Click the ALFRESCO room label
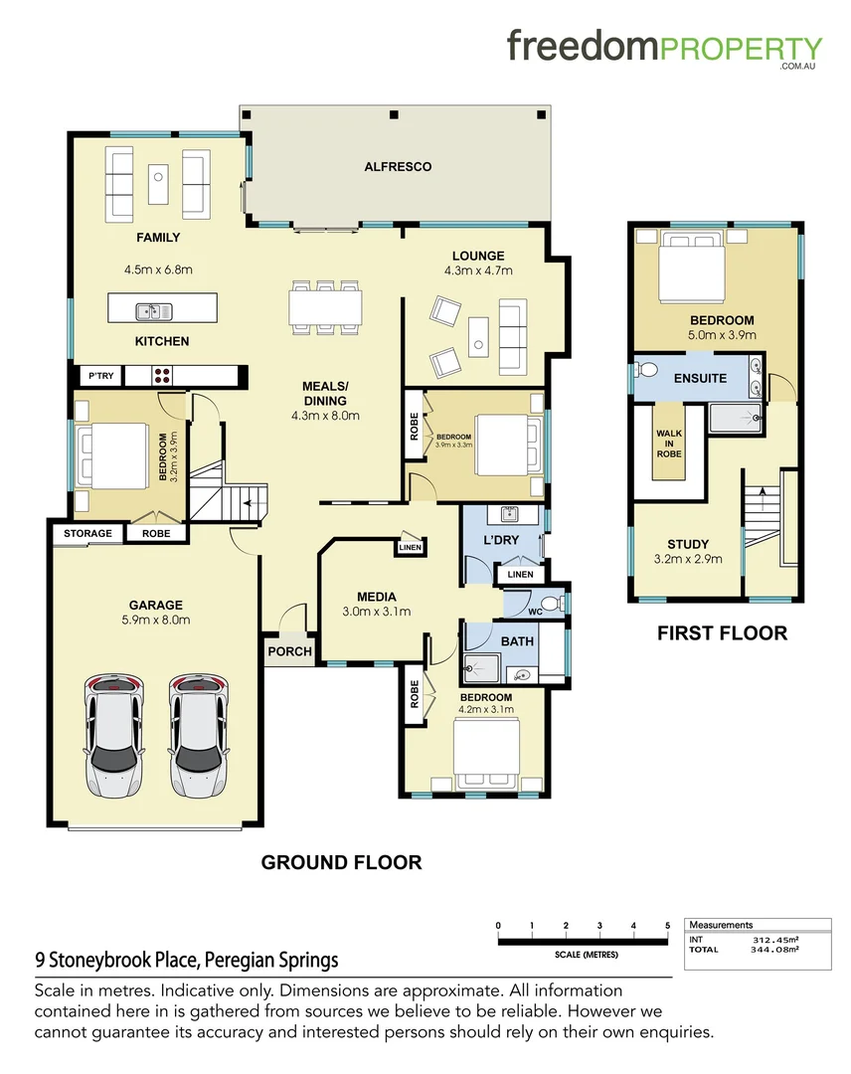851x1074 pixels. point(398,167)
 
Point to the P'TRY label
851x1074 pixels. point(101,376)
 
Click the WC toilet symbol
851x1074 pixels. point(559,603)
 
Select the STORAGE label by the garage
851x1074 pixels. point(88,533)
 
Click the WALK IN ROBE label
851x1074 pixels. point(668,443)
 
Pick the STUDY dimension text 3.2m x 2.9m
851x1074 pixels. point(688,559)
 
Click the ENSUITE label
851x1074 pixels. point(700,378)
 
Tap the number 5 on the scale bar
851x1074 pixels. point(668,926)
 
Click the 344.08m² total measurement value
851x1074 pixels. point(776,949)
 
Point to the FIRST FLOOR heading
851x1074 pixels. point(722,633)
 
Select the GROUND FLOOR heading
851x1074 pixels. point(341,862)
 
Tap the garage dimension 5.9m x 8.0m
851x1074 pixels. point(155,620)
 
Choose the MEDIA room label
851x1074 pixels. point(375,596)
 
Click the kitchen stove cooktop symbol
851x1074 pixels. point(161,376)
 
